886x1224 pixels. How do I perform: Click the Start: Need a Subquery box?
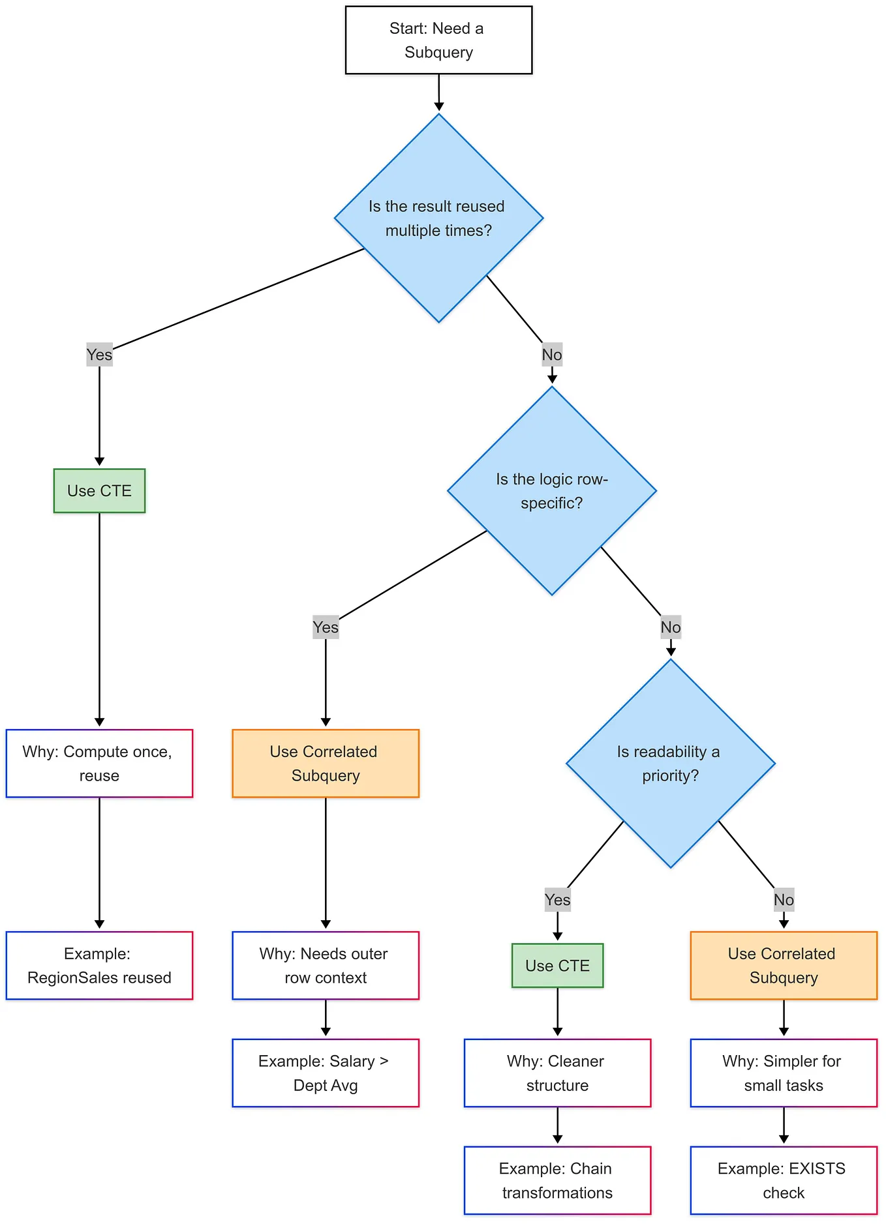(x=438, y=40)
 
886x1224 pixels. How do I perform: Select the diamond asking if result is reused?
(x=438, y=218)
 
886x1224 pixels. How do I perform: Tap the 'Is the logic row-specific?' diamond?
(x=551, y=490)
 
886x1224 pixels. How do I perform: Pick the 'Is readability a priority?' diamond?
(x=670, y=763)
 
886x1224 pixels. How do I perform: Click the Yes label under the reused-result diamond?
(x=99, y=355)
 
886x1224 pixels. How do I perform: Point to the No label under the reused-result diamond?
(x=551, y=355)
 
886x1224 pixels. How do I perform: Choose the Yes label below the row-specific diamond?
(x=326, y=627)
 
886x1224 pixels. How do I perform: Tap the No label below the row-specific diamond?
(x=670, y=627)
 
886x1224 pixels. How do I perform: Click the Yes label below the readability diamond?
(x=557, y=900)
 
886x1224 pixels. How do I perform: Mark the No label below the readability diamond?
(x=784, y=900)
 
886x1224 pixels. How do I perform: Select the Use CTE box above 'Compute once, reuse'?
(x=99, y=490)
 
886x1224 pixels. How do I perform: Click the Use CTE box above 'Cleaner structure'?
(x=557, y=965)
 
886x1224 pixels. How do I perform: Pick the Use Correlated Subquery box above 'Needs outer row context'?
(x=326, y=763)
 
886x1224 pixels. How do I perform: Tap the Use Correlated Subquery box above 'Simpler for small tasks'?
(x=784, y=965)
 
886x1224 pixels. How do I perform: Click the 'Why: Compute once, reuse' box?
(x=99, y=763)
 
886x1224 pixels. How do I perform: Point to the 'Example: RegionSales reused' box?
(x=99, y=965)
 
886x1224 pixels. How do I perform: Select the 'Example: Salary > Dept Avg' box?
(x=326, y=1073)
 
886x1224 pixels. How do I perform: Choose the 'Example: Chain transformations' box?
(x=557, y=1180)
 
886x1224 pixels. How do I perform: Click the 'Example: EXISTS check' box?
(x=784, y=1180)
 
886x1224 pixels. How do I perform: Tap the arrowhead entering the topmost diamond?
(x=438, y=106)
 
